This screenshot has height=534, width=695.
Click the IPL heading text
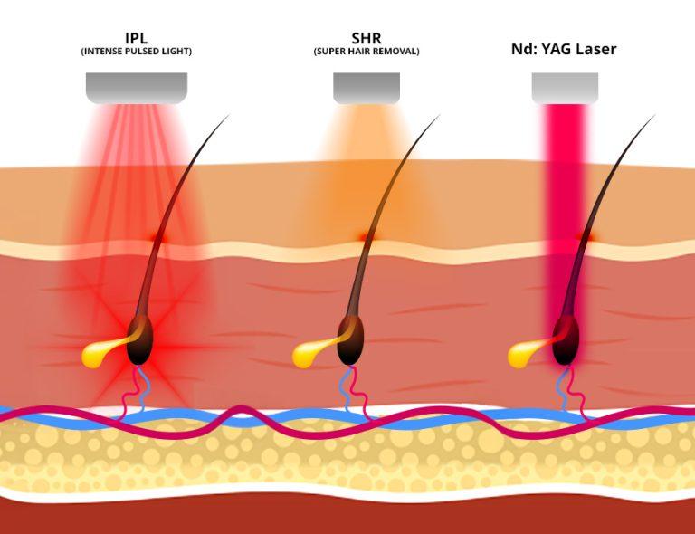(137, 40)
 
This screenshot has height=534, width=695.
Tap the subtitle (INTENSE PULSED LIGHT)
(137, 52)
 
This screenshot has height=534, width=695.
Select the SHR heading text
(366, 40)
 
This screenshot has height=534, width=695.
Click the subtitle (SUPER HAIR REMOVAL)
(366, 52)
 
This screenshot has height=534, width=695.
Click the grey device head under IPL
(137, 88)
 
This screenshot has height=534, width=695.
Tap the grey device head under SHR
(366, 88)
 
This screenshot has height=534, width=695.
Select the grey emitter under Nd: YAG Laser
(565, 88)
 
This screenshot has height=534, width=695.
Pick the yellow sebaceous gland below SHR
(308, 355)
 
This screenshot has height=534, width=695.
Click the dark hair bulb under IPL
(138, 340)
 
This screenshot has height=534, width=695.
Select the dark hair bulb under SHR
(352, 340)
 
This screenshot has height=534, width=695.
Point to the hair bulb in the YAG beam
(566, 340)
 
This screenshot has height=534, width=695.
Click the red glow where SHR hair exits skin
(366, 237)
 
